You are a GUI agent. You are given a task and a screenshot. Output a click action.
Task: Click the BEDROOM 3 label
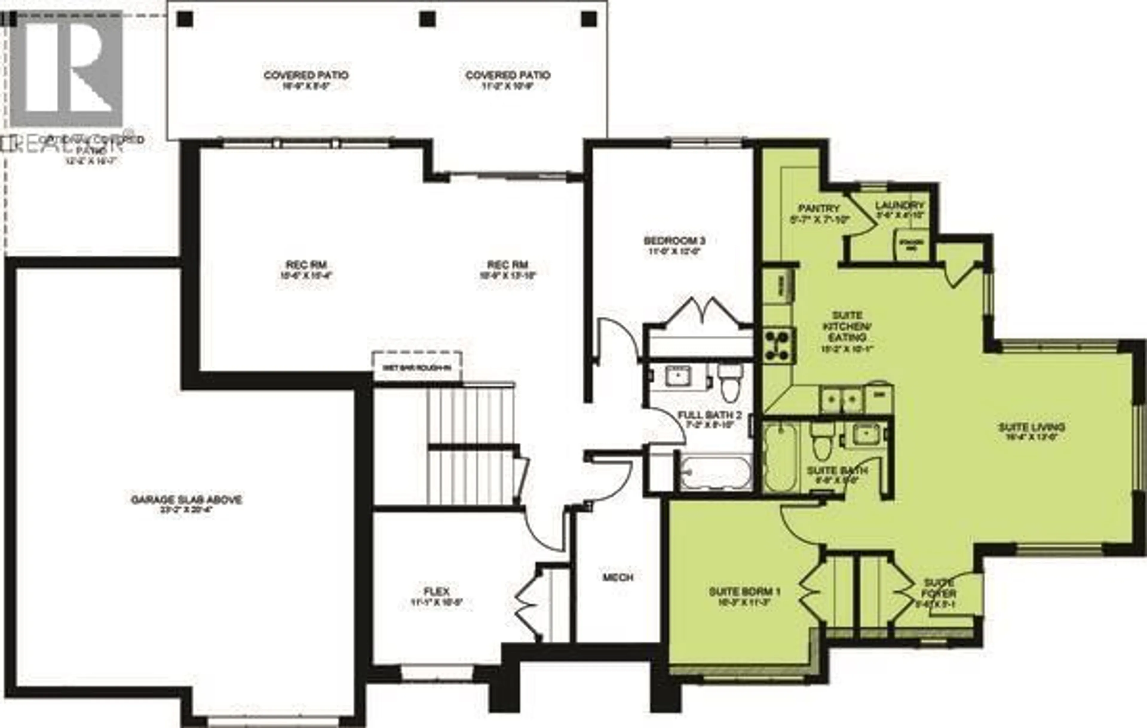click(674, 241)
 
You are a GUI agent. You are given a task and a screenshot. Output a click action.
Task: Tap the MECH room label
click(618, 578)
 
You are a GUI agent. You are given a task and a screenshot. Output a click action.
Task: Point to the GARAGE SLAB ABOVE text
click(186, 500)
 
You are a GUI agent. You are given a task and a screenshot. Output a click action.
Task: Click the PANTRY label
click(819, 208)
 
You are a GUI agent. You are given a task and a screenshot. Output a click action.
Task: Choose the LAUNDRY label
click(899, 205)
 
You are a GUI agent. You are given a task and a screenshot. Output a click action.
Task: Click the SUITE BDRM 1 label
click(744, 592)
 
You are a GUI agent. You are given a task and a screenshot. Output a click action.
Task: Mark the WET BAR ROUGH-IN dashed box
click(417, 367)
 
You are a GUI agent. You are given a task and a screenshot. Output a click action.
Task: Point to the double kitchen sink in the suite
click(842, 400)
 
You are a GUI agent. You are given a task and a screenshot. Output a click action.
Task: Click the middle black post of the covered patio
click(427, 19)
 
